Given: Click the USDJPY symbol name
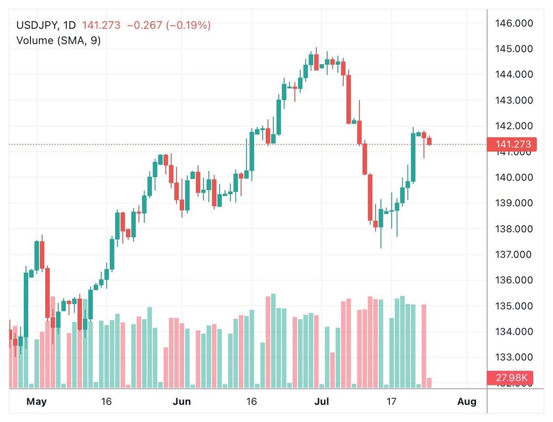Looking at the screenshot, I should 38,25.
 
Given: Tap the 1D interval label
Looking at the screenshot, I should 70,25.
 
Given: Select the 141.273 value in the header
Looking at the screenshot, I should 101,25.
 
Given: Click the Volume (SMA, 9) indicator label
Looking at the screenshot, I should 59,40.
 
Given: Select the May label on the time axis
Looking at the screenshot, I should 37,401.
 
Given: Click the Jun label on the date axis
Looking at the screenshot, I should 181,401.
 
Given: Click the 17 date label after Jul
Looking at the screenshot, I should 392,401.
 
